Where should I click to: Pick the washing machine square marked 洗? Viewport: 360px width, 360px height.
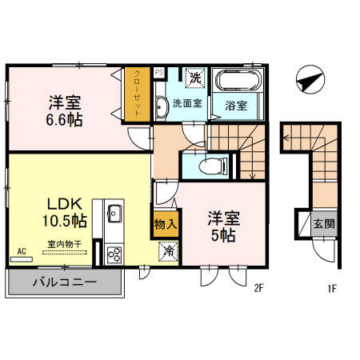194,79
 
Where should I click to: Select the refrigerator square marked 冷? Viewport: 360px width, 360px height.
170,251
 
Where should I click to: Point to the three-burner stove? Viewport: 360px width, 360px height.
114,254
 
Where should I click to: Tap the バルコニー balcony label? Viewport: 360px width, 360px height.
65,282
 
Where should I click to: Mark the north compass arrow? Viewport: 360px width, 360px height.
310,78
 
